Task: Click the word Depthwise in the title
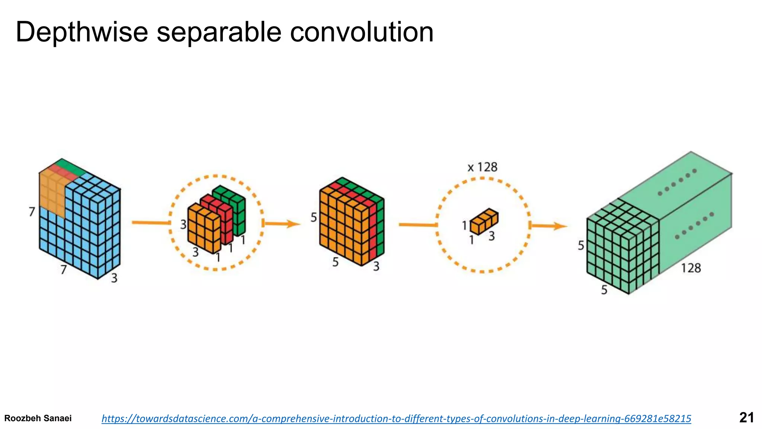(x=82, y=32)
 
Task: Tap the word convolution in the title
(x=362, y=32)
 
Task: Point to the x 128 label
(x=483, y=167)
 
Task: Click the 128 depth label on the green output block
(x=691, y=268)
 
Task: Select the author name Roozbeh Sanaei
(x=38, y=418)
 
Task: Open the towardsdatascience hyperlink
(x=396, y=419)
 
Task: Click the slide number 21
(x=746, y=417)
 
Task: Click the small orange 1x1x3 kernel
(x=484, y=221)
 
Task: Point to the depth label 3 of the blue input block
(x=114, y=278)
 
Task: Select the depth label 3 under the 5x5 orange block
(x=376, y=266)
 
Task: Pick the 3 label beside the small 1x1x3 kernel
(x=492, y=236)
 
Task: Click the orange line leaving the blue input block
(x=151, y=223)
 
